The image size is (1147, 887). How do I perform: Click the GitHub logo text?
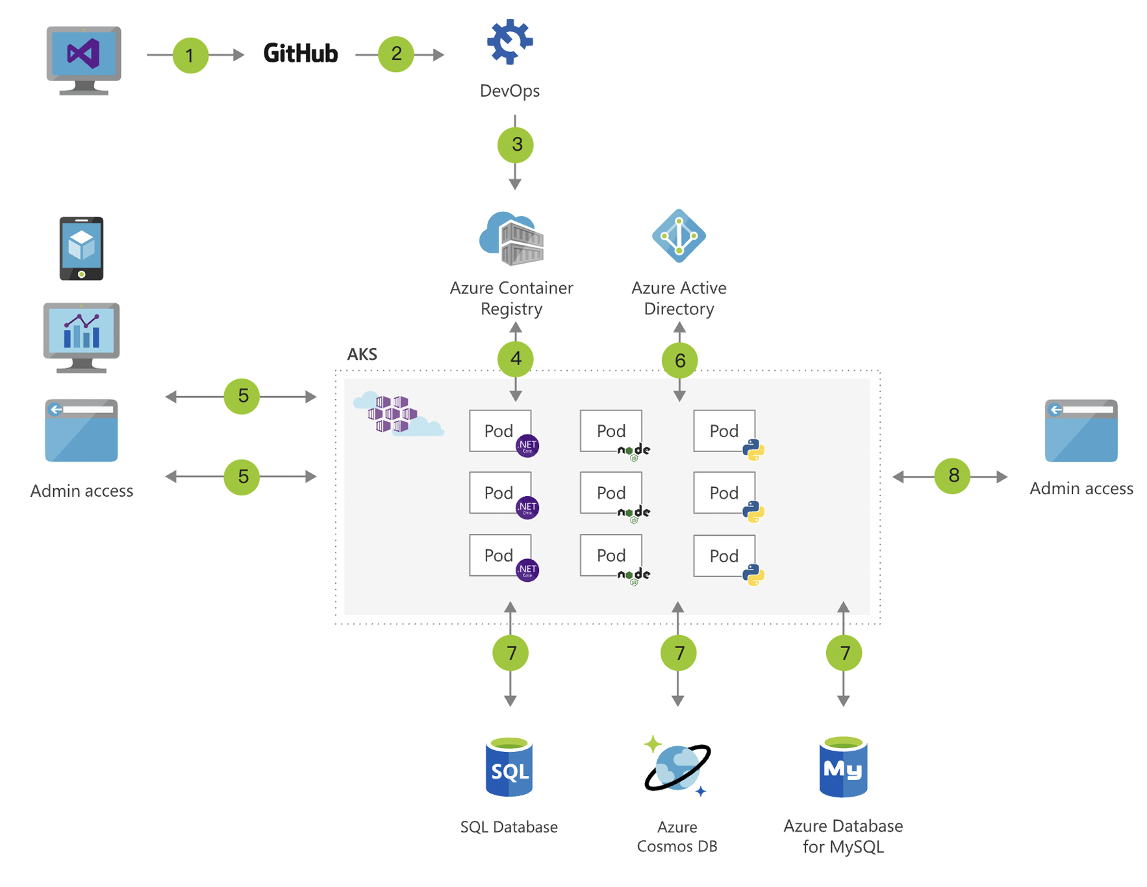[x=300, y=53]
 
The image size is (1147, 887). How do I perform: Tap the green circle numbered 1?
[x=190, y=55]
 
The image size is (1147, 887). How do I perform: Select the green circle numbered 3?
[x=516, y=144]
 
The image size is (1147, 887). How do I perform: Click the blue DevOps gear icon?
[x=510, y=42]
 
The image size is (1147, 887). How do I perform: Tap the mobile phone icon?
[x=81, y=249]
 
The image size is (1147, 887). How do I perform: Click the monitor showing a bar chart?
[x=81, y=336]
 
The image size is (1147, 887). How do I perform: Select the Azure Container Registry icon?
[x=512, y=238]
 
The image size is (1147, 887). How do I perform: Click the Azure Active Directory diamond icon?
[x=679, y=236]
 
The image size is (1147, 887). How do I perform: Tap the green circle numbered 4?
[x=516, y=358]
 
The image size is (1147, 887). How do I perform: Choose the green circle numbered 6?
[x=679, y=360]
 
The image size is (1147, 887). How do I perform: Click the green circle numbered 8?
[x=953, y=476]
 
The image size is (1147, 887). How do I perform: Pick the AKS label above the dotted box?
[x=362, y=354]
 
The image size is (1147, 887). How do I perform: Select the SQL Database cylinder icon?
[x=509, y=768]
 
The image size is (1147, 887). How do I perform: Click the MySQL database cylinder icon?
[x=843, y=768]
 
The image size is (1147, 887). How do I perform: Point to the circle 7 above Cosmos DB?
[x=678, y=653]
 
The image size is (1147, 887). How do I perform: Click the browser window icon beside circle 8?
[x=1081, y=431]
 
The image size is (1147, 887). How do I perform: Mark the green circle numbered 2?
[x=396, y=54]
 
